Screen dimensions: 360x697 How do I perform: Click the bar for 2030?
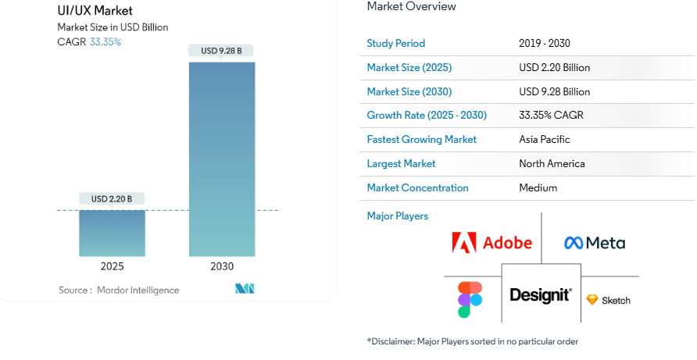(222, 159)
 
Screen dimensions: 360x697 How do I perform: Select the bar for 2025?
(112, 233)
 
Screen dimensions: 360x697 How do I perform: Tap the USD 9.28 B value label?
(221, 51)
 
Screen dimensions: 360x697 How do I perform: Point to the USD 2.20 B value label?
(112, 199)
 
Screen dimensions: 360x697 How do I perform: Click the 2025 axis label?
(112, 266)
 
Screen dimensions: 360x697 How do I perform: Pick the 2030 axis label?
(222, 266)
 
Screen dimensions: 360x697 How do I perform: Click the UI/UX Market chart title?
(95, 11)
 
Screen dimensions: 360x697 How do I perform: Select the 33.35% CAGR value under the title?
(105, 42)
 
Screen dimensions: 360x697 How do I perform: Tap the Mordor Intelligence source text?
(138, 290)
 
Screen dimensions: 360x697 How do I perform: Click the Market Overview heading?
(411, 7)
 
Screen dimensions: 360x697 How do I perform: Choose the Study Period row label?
(396, 44)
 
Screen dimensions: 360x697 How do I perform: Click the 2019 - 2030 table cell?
(545, 44)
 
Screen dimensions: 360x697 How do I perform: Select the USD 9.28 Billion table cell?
(555, 91)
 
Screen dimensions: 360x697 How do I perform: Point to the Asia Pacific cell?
(545, 140)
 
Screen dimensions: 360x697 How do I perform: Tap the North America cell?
(552, 164)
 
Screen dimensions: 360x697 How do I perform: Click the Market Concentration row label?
(417, 188)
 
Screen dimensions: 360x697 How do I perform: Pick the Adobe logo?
(491, 243)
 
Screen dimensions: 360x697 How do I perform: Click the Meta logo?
(594, 243)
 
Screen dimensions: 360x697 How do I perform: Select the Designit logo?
(541, 295)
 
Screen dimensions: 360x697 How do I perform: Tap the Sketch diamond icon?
(592, 300)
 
